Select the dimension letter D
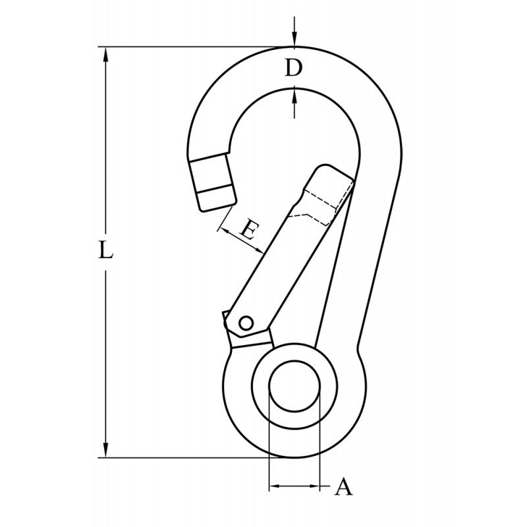pyautogui.click(x=294, y=68)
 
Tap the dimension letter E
pyautogui.click(x=248, y=230)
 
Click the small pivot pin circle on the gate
pyautogui.click(x=245, y=323)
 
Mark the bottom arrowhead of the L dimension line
pyautogui.click(x=105, y=451)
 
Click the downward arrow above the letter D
pyautogui.click(x=294, y=41)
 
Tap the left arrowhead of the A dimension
pyautogui.click(x=274, y=487)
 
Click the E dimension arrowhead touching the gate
pyautogui.click(x=260, y=250)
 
